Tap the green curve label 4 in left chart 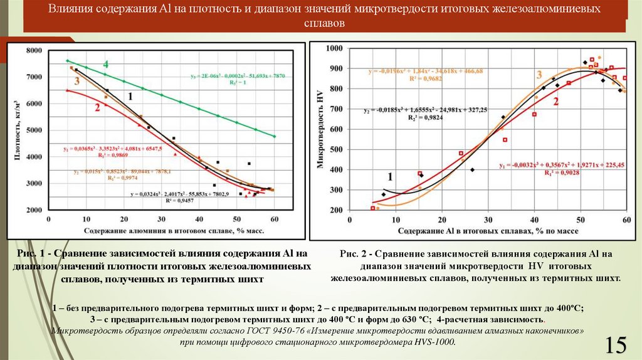coord(106,65)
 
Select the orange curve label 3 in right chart coord(539,75)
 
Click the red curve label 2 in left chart coord(98,108)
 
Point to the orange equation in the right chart coord(425,75)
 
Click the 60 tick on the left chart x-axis coord(275,219)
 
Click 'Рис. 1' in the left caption coord(40,254)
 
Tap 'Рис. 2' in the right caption coord(352,254)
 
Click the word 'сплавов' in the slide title coord(325,24)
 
